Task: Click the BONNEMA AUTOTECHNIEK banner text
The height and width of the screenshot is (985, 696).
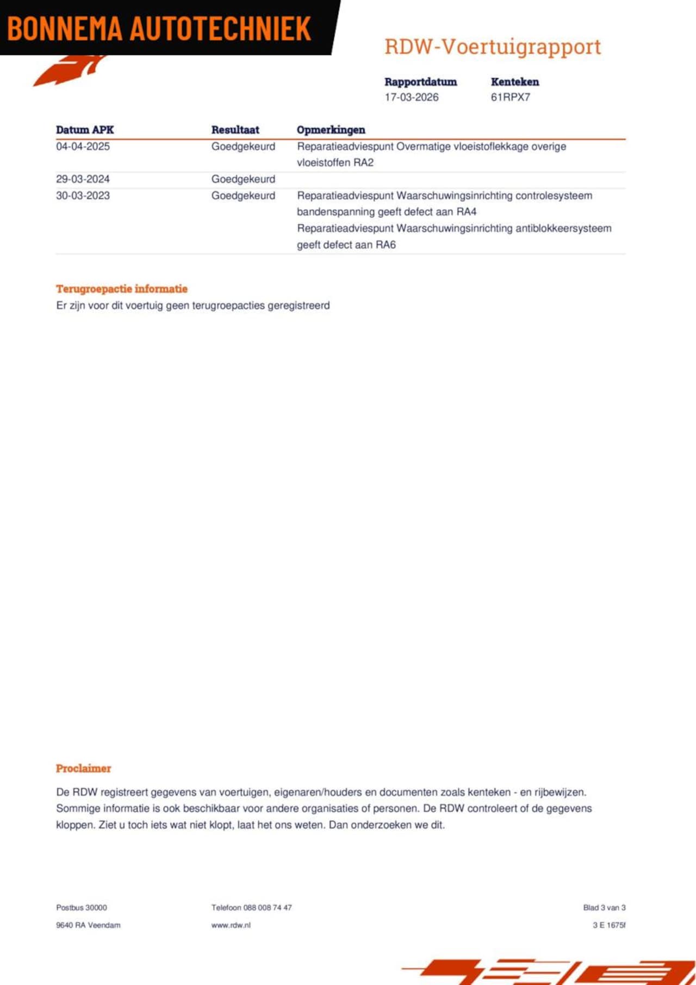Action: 159,28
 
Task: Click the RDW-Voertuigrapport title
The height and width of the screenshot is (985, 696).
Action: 493,47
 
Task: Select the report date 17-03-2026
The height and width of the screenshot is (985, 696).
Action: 411,97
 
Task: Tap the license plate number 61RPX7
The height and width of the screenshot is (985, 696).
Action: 510,97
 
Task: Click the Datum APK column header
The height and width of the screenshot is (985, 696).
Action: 85,130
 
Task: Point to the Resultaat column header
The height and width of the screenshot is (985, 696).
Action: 235,130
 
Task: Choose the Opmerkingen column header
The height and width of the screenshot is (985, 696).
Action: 331,130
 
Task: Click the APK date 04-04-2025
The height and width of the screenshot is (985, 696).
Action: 83,146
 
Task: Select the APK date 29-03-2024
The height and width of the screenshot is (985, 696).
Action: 83,179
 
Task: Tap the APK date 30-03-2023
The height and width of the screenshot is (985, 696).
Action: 83,196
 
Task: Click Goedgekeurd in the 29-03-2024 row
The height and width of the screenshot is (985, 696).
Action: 243,179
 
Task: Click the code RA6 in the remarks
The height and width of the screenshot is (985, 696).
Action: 386,245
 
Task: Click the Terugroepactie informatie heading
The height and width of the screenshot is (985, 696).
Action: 122,289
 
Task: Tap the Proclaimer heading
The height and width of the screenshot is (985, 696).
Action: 83,768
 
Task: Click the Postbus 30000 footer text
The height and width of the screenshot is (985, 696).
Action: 82,907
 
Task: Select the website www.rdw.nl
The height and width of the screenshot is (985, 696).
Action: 231,925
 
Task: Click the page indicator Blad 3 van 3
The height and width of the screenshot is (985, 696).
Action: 604,907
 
